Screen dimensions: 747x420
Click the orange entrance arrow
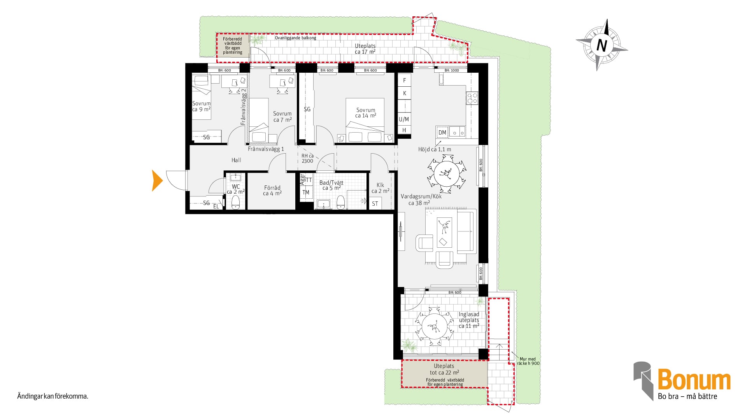(x=157, y=181)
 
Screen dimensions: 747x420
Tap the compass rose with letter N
(x=601, y=45)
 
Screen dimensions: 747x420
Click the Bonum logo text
(x=694, y=380)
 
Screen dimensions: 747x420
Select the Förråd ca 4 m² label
(x=272, y=191)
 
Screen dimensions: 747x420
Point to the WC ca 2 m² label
(x=236, y=189)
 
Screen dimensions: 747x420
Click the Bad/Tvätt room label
(x=331, y=183)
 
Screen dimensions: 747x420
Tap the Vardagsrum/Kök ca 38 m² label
(x=421, y=199)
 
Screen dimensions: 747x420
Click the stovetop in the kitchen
(x=472, y=98)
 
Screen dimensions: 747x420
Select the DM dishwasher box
(x=442, y=132)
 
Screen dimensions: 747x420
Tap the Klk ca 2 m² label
(x=380, y=188)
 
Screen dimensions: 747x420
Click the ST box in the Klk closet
(x=375, y=203)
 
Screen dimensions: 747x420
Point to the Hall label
(x=236, y=160)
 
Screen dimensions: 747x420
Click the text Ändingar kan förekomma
(x=53, y=397)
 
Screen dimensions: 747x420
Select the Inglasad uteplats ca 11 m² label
(x=469, y=320)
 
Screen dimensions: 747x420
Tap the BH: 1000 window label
(x=452, y=70)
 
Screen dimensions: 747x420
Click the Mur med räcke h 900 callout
(x=528, y=361)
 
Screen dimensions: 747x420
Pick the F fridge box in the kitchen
(x=405, y=80)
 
